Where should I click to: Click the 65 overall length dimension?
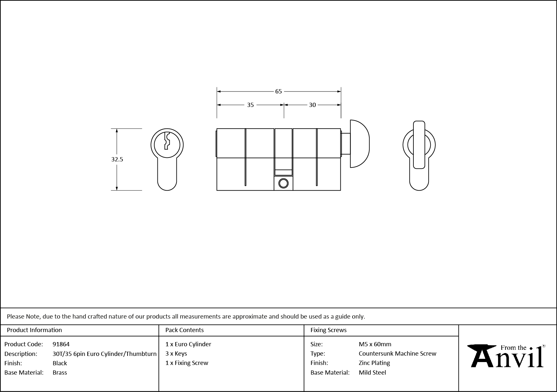click(278, 91)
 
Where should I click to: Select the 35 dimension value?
click(250, 105)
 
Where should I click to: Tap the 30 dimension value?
click(312, 105)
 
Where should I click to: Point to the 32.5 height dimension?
click(117, 159)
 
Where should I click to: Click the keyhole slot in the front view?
click(166, 141)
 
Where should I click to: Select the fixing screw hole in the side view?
click(283, 183)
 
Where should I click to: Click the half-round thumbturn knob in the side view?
click(359, 144)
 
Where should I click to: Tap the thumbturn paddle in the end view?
click(419, 145)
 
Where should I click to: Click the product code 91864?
click(61, 344)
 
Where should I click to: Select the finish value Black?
click(60, 363)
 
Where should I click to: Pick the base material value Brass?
click(60, 372)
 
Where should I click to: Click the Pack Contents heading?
click(184, 330)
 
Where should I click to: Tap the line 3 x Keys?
click(176, 353)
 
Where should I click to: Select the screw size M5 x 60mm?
click(375, 344)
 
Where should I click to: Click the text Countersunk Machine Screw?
click(397, 353)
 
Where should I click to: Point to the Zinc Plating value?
click(374, 363)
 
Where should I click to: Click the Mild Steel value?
click(372, 372)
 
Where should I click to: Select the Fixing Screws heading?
click(328, 330)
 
